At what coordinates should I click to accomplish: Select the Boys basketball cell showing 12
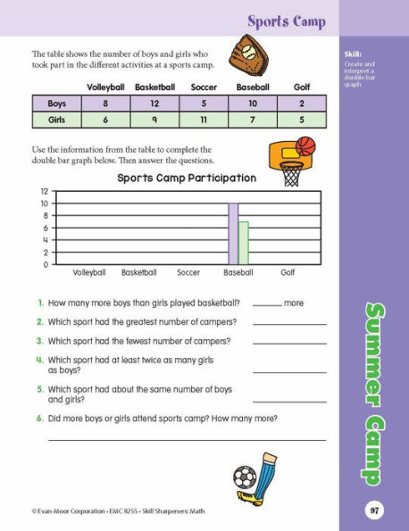coord(155,104)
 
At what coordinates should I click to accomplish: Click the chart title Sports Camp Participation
coord(187,178)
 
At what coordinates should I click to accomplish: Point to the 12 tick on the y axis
coord(44,192)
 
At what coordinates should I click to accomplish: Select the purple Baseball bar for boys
coord(233,234)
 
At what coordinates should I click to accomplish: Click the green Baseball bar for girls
coord(243,243)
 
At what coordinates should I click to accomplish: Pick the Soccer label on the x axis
coord(188,272)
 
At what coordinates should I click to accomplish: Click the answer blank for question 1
coord(266,305)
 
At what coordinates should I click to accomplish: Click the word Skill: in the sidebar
coord(353,55)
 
